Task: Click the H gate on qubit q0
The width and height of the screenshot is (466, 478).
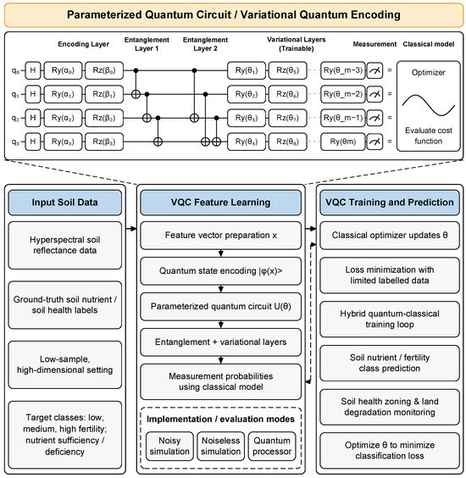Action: tap(32, 70)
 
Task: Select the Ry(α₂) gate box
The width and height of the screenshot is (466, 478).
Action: tap(63, 118)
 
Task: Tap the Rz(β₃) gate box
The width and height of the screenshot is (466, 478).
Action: tap(104, 142)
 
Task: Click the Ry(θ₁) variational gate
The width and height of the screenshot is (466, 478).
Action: tap(247, 70)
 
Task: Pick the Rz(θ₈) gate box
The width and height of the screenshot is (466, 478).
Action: tap(288, 142)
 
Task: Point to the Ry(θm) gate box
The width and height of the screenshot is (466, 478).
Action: tap(343, 142)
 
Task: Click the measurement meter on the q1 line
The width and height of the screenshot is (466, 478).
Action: tap(374, 94)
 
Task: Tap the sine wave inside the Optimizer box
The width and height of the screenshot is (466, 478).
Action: tap(428, 105)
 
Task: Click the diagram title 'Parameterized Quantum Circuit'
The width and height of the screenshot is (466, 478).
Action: tap(149, 14)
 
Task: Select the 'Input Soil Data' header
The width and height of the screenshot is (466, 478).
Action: tap(65, 203)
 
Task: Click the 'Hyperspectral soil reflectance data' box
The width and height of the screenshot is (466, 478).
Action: tap(65, 245)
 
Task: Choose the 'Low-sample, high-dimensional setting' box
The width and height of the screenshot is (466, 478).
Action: tap(65, 364)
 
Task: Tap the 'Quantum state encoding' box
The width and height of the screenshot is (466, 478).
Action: tap(220, 271)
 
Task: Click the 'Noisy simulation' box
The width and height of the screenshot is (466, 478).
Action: tap(169, 446)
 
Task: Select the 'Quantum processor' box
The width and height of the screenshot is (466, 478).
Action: tap(272, 446)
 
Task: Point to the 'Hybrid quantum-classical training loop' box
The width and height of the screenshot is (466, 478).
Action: tap(390, 320)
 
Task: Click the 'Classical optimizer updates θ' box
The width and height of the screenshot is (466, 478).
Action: tap(390, 236)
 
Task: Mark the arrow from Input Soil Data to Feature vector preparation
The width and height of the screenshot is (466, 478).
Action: tap(131, 229)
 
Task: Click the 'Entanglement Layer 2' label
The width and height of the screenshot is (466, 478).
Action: tap(205, 44)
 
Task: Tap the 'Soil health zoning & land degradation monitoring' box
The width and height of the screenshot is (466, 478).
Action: tap(390, 407)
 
